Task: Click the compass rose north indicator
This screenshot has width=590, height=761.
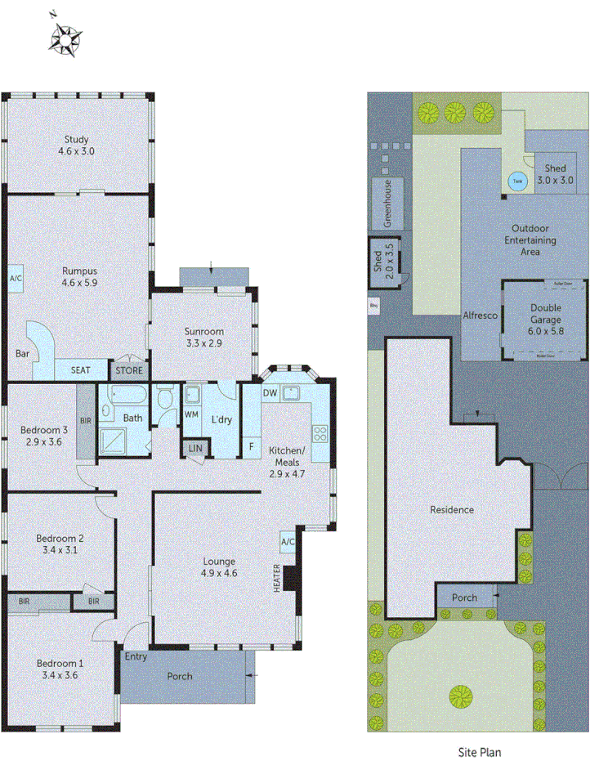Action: pyautogui.click(x=64, y=36)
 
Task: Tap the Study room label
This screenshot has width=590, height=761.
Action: pyautogui.click(x=74, y=140)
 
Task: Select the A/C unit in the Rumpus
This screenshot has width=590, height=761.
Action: pyautogui.click(x=16, y=279)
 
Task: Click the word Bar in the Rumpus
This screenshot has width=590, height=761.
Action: pyautogui.click(x=22, y=354)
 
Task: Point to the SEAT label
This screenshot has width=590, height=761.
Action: pyautogui.click(x=80, y=370)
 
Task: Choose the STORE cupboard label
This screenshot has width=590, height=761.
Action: pyautogui.click(x=128, y=370)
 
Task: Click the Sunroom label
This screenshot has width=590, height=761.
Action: pyautogui.click(x=203, y=332)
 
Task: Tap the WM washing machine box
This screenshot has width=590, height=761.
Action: pyautogui.click(x=192, y=415)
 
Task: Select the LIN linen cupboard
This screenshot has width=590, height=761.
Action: pyautogui.click(x=195, y=448)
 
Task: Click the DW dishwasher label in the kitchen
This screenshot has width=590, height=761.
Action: pyautogui.click(x=270, y=393)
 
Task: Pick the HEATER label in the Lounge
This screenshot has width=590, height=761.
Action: pyautogui.click(x=277, y=579)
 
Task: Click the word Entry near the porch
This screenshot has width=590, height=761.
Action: pyautogui.click(x=136, y=656)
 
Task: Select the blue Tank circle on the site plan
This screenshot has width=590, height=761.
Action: pyautogui.click(x=516, y=182)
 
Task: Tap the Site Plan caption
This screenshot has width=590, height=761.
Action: pyautogui.click(x=478, y=751)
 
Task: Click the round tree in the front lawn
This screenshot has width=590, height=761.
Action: pyautogui.click(x=461, y=696)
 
